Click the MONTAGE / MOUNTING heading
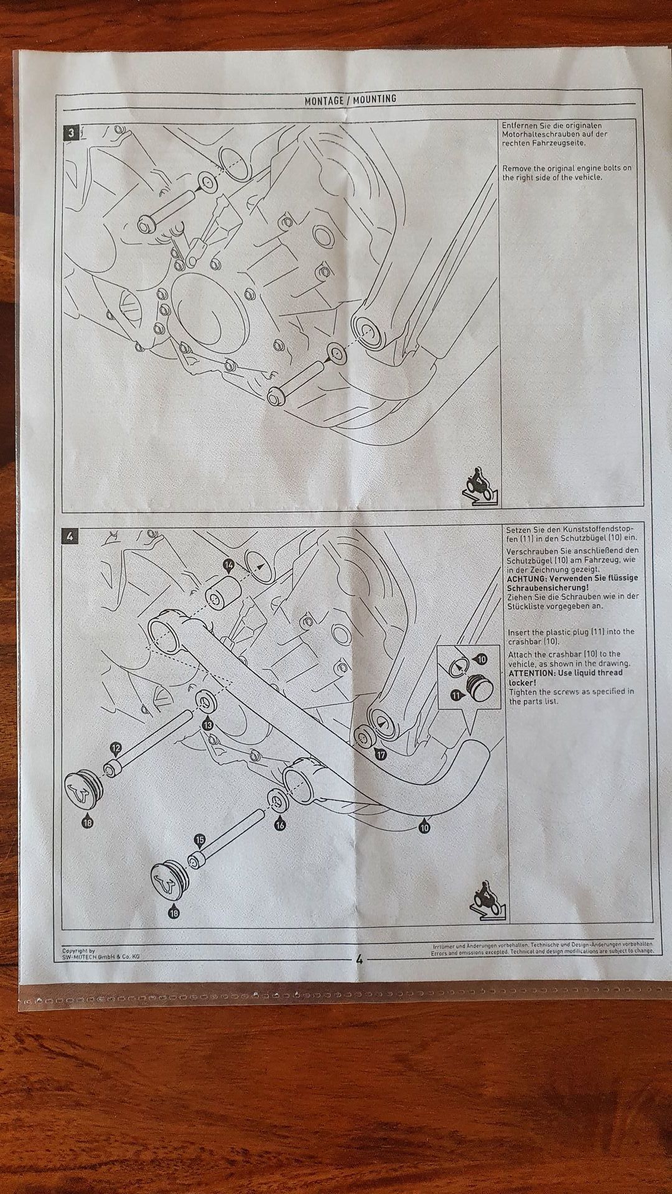[x=350, y=99]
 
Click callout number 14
[x=229, y=565]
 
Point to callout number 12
[x=115, y=748]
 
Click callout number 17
[x=380, y=754]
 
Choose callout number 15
[x=200, y=840]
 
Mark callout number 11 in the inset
[x=457, y=696]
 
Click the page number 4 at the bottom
[x=359, y=958]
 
